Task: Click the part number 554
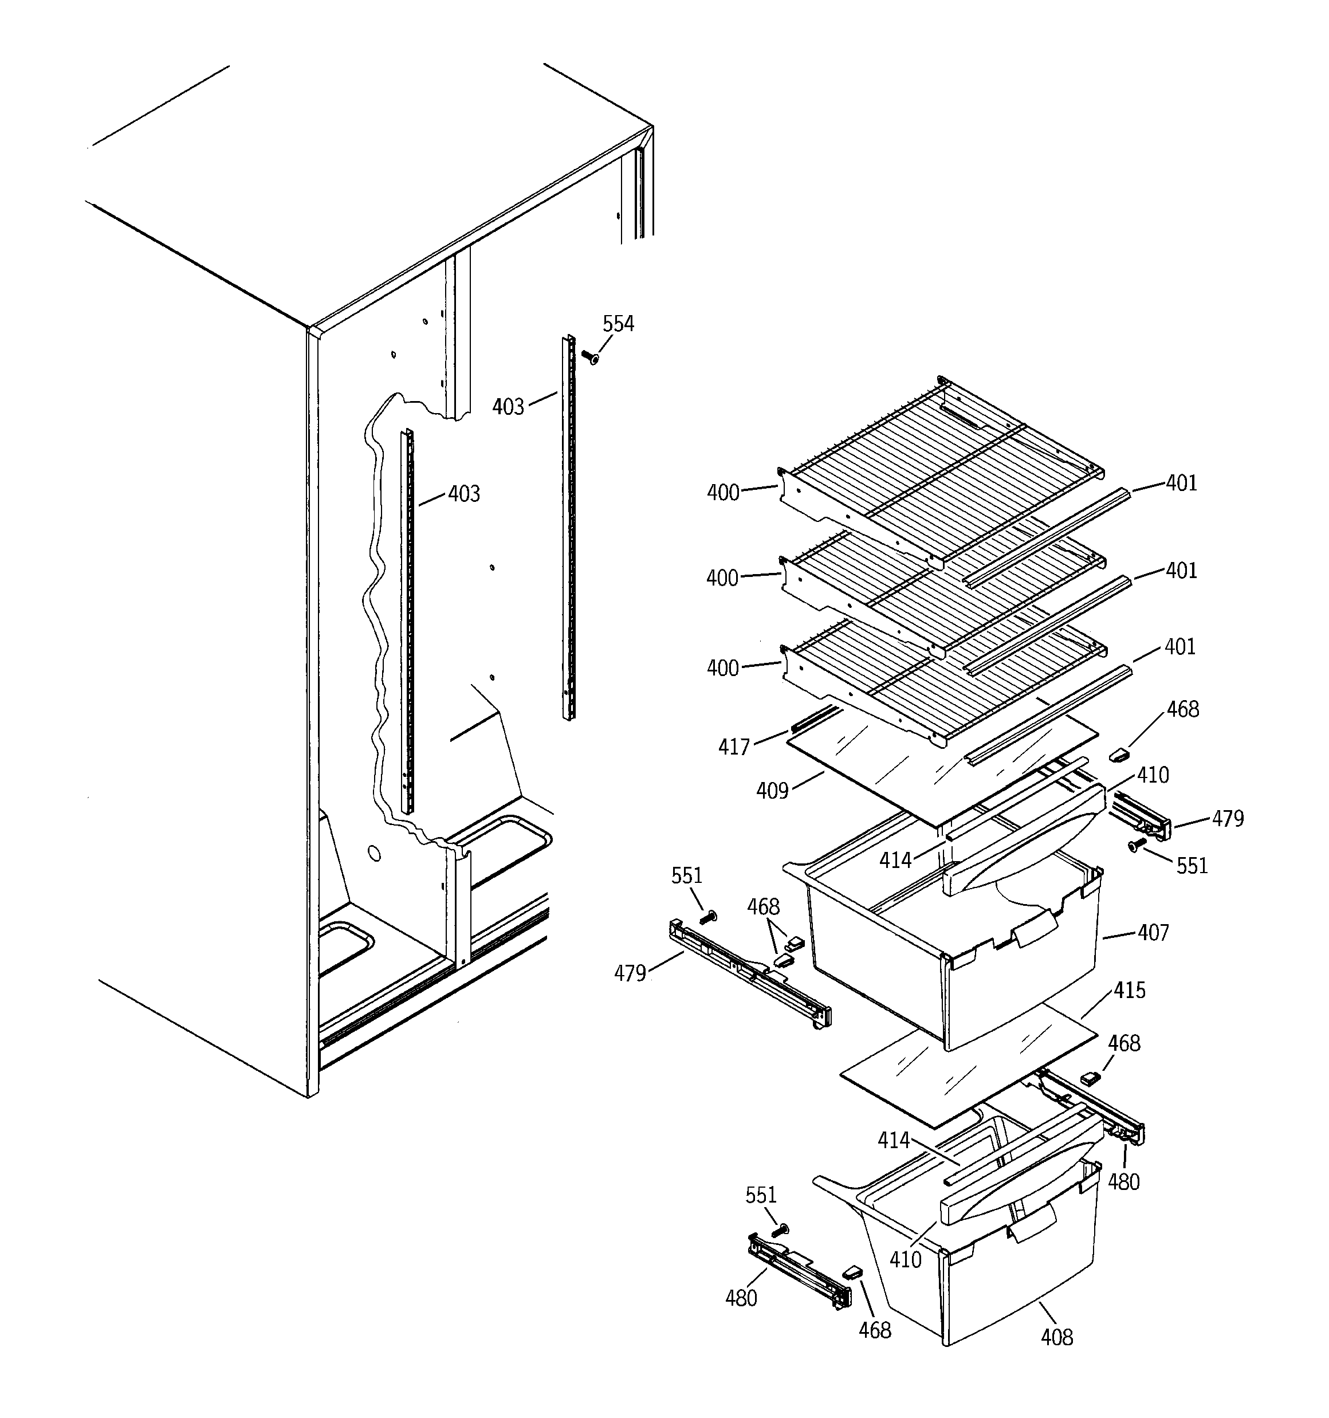tap(618, 324)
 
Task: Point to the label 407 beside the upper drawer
tap(1153, 932)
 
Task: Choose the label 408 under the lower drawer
tap(1056, 1337)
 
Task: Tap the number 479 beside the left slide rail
tap(630, 973)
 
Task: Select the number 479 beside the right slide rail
tap(1228, 818)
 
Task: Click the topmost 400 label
tap(722, 492)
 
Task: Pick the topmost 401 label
tap(1181, 483)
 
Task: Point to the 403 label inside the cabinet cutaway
tap(463, 494)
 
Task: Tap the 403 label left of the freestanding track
tap(508, 407)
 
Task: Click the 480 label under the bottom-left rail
tap(741, 1298)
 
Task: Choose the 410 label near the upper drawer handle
tap(1153, 775)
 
